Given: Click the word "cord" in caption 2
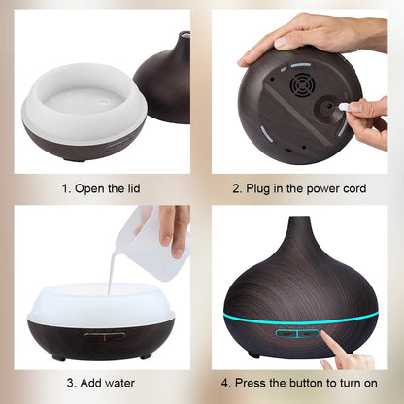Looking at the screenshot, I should coord(353,188).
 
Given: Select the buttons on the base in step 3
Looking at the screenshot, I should coord(103,335).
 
